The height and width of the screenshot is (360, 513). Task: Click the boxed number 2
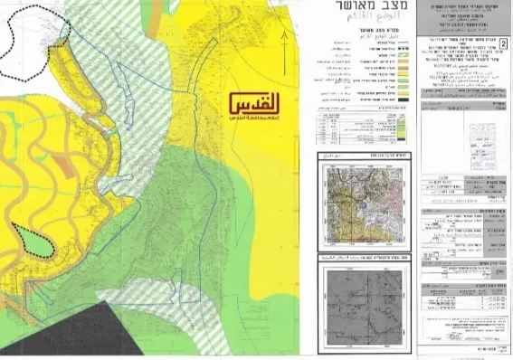[x=504, y=43]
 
